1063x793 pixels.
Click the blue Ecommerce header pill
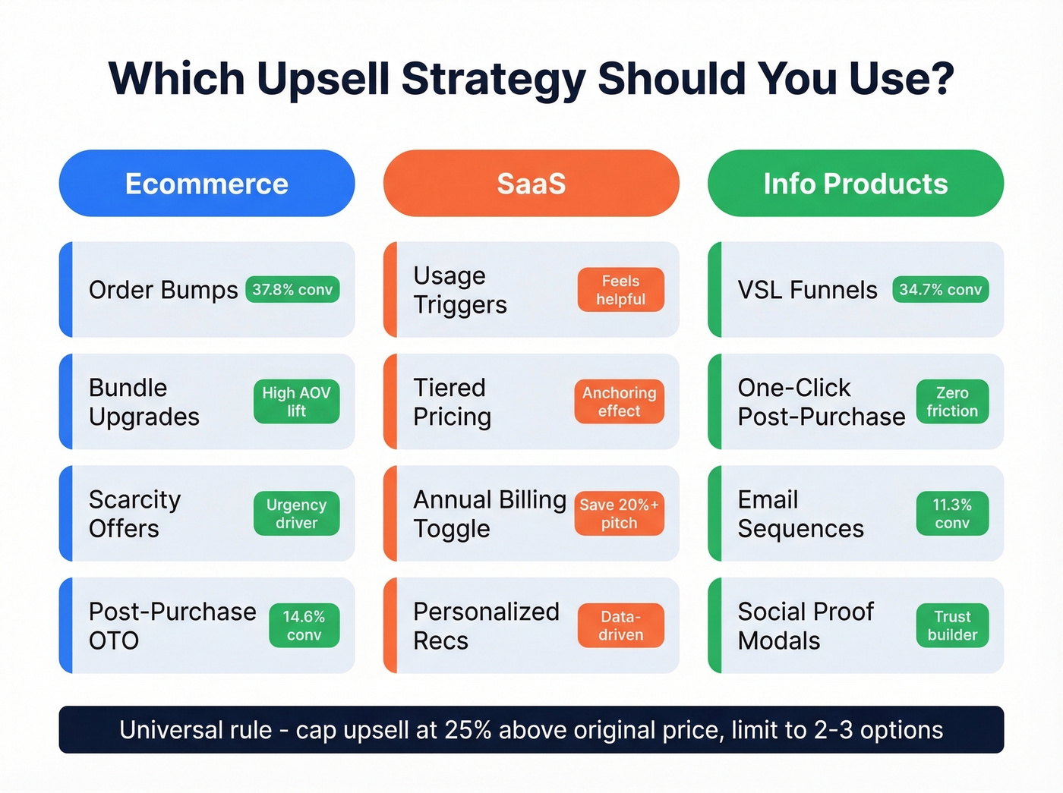(x=207, y=184)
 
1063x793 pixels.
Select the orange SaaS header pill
(x=531, y=184)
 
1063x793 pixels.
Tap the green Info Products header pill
(x=855, y=184)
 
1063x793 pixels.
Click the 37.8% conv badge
(x=292, y=290)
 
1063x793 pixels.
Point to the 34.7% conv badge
(x=940, y=290)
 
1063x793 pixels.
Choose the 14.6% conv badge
(x=304, y=626)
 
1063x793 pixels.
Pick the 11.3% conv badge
(x=952, y=514)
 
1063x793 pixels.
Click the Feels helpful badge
(x=620, y=290)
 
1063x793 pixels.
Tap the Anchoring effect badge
(x=619, y=401)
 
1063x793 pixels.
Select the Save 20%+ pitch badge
(x=619, y=514)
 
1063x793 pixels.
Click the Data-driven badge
(x=620, y=626)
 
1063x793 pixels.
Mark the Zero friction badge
(x=952, y=401)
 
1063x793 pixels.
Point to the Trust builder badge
(x=952, y=626)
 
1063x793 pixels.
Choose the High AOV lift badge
(x=296, y=401)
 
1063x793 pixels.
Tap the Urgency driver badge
(x=296, y=514)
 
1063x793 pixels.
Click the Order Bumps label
(x=163, y=290)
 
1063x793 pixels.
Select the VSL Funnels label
(x=807, y=290)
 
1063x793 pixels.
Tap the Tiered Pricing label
(x=452, y=401)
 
